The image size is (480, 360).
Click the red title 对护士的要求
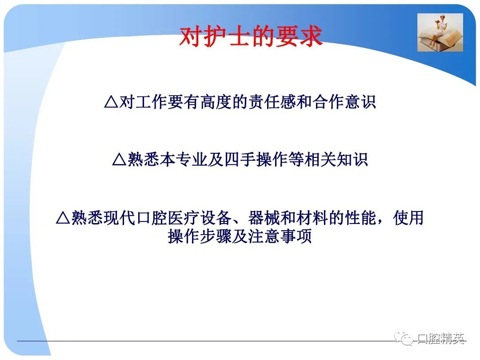(251, 36)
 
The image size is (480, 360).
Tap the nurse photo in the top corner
(440, 32)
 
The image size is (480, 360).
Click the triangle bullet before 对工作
(111, 102)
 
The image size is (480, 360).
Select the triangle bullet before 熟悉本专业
(120, 160)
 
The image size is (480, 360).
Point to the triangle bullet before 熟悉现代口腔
(63, 218)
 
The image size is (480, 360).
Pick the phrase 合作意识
(344, 102)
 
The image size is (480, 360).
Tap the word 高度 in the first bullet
(216, 102)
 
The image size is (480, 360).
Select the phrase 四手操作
(256, 160)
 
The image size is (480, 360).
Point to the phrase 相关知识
(336, 160)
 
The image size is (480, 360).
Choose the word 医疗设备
(200, 218)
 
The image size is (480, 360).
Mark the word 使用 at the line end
(408, 218)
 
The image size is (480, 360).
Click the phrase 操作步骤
(200, 236)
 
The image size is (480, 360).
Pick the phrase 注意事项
(280, 236)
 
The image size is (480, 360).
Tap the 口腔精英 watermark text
(441, 338)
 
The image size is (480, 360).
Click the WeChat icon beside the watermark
(404, 337)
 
